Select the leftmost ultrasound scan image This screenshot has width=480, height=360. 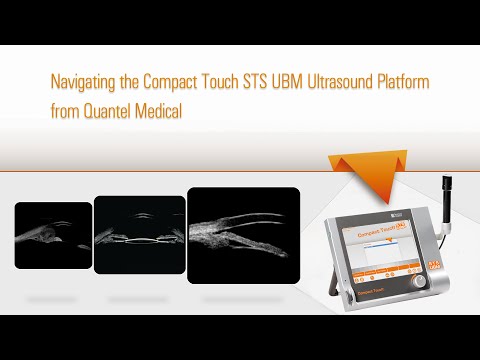click(53, 236)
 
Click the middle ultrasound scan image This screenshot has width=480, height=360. click(139, 235)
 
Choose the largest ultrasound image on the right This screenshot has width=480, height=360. click(243, 230)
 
